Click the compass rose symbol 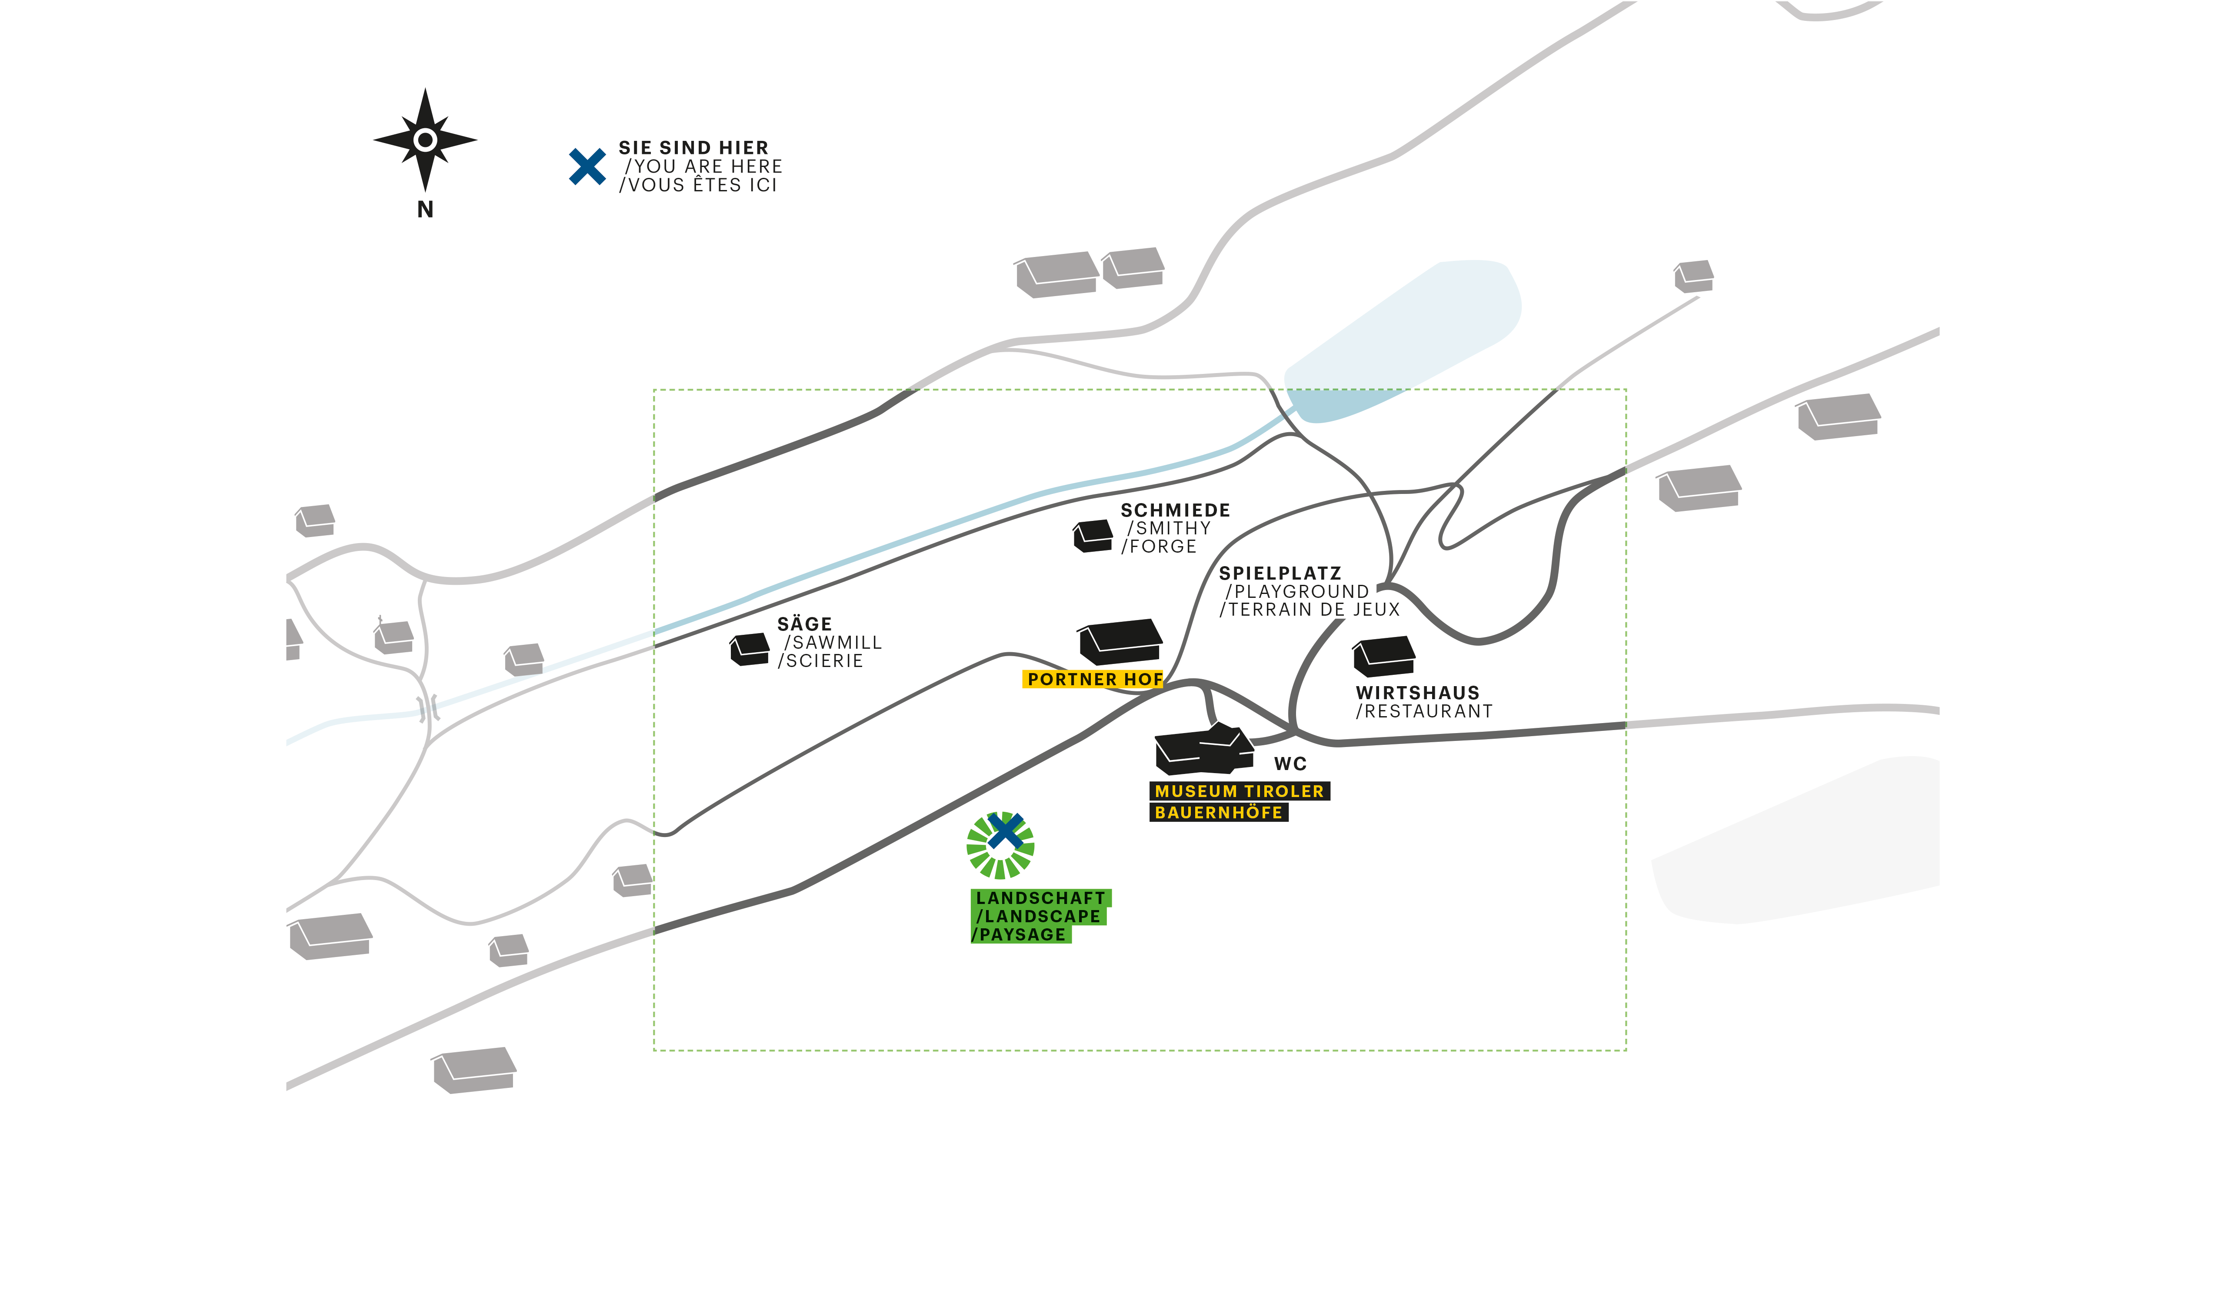425,140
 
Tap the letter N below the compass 425,209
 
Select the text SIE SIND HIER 693,147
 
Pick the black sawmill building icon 750,649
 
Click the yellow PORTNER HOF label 1093,679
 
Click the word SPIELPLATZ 1280,573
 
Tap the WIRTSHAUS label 1417,693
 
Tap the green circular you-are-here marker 1000,845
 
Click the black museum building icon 1203,751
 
